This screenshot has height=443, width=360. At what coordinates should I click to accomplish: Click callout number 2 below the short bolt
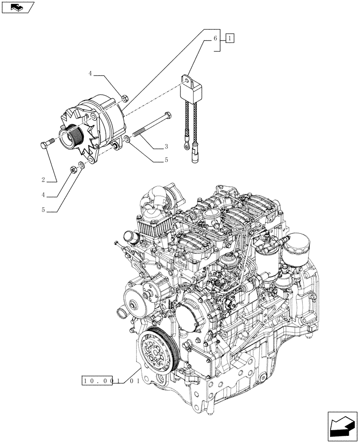(x=43, y=179)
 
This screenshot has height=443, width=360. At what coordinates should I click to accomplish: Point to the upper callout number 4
(x=90, y=74)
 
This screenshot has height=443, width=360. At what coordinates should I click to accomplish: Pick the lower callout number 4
(x=43, y=194)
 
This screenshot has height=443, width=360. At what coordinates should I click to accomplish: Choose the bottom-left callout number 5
(x=43, y=210)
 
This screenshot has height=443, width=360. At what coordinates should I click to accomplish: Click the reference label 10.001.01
(x=110, y=380)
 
